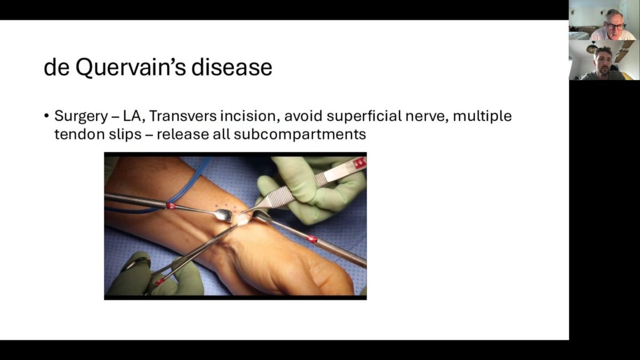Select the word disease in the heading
231,68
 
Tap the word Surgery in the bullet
81,117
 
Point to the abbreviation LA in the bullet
132,116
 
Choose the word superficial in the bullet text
364,116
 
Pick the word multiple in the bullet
483,116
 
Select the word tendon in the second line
79,134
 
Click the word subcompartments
300,134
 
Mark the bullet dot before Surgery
46,116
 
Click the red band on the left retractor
171,206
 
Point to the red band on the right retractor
312,239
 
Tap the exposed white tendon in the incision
242,219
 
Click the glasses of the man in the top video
616,27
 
